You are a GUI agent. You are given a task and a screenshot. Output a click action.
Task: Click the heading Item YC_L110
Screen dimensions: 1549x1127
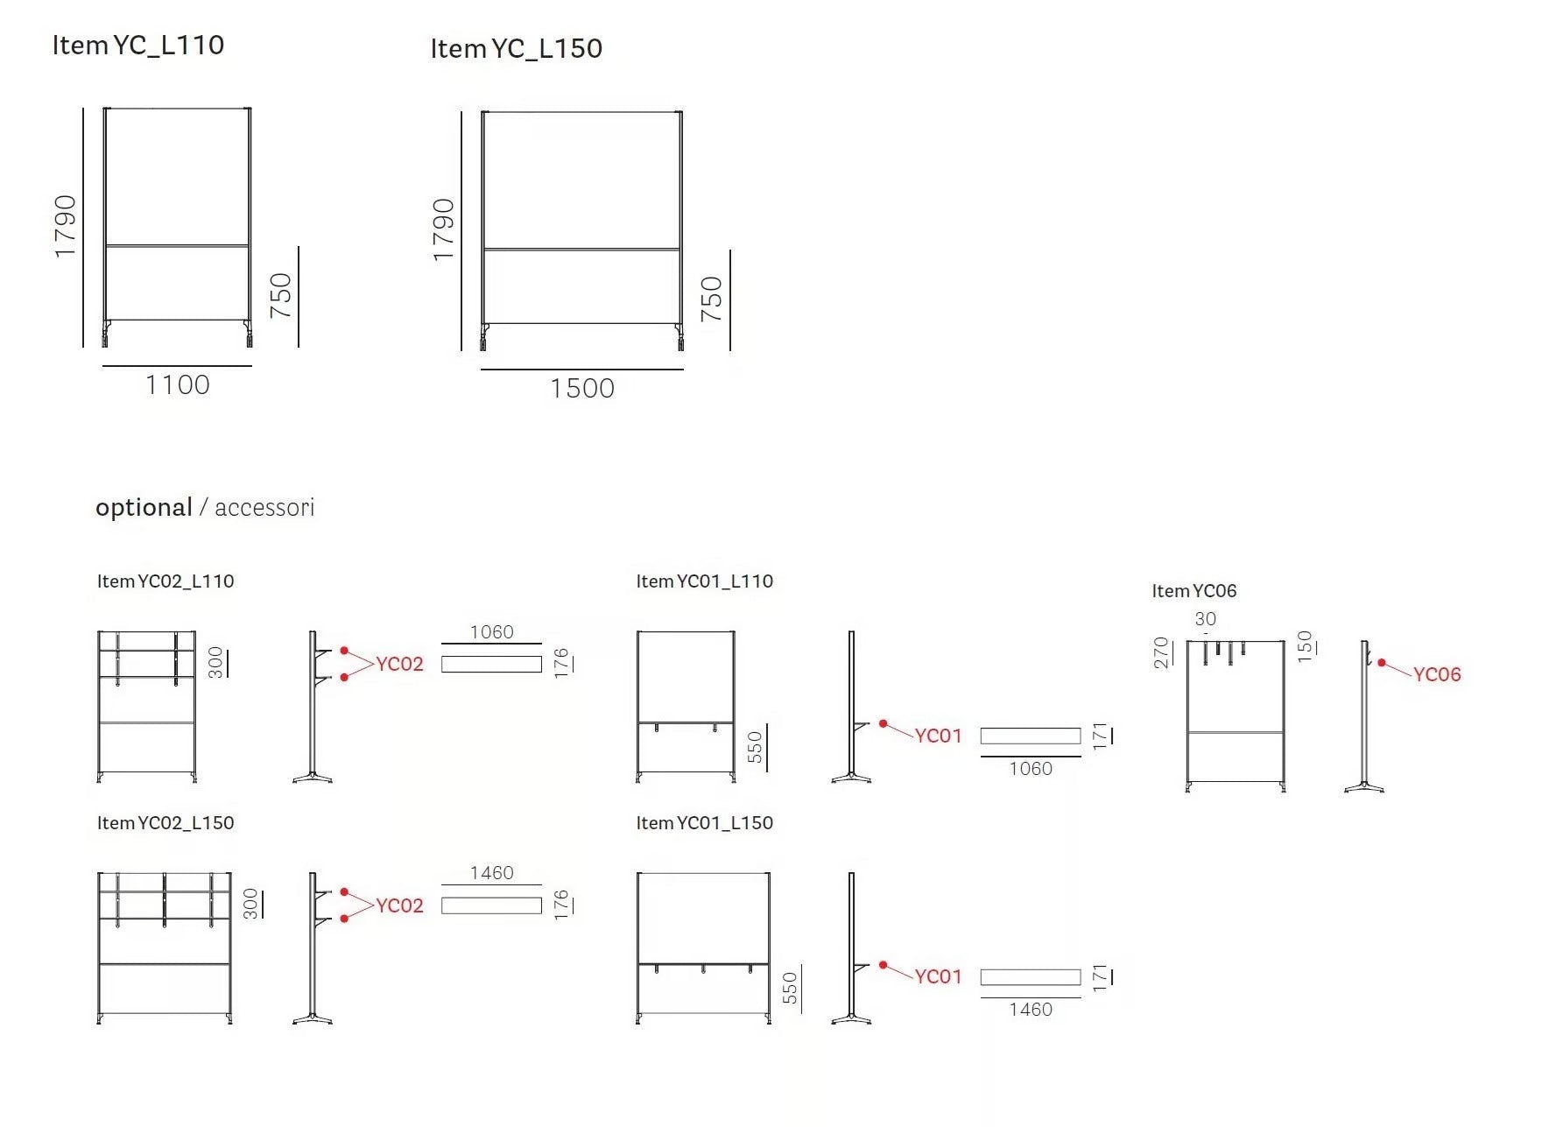coord(138,45)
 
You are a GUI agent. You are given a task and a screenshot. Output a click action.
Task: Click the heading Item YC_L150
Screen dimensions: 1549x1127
coord(517,48)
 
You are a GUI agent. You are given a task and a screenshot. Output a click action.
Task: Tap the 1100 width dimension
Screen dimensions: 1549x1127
coord(178,384)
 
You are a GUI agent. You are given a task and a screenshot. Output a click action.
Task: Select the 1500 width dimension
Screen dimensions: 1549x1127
coord(582,388)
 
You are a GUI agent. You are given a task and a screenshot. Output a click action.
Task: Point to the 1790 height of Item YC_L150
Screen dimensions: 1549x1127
coord(444,229)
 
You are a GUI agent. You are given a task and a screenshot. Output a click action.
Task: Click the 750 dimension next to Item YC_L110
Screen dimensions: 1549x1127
coord(281,296)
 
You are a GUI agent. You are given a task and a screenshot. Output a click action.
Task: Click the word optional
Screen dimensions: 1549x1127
coord(144,508)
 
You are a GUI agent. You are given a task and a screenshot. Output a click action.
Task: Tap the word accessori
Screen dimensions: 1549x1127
coord(264,508)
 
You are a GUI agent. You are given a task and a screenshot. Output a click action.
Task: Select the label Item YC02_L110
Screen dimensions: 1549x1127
coord(165,581)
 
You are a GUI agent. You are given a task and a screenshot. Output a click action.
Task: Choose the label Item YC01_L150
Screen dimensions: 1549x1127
coord(705,822)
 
